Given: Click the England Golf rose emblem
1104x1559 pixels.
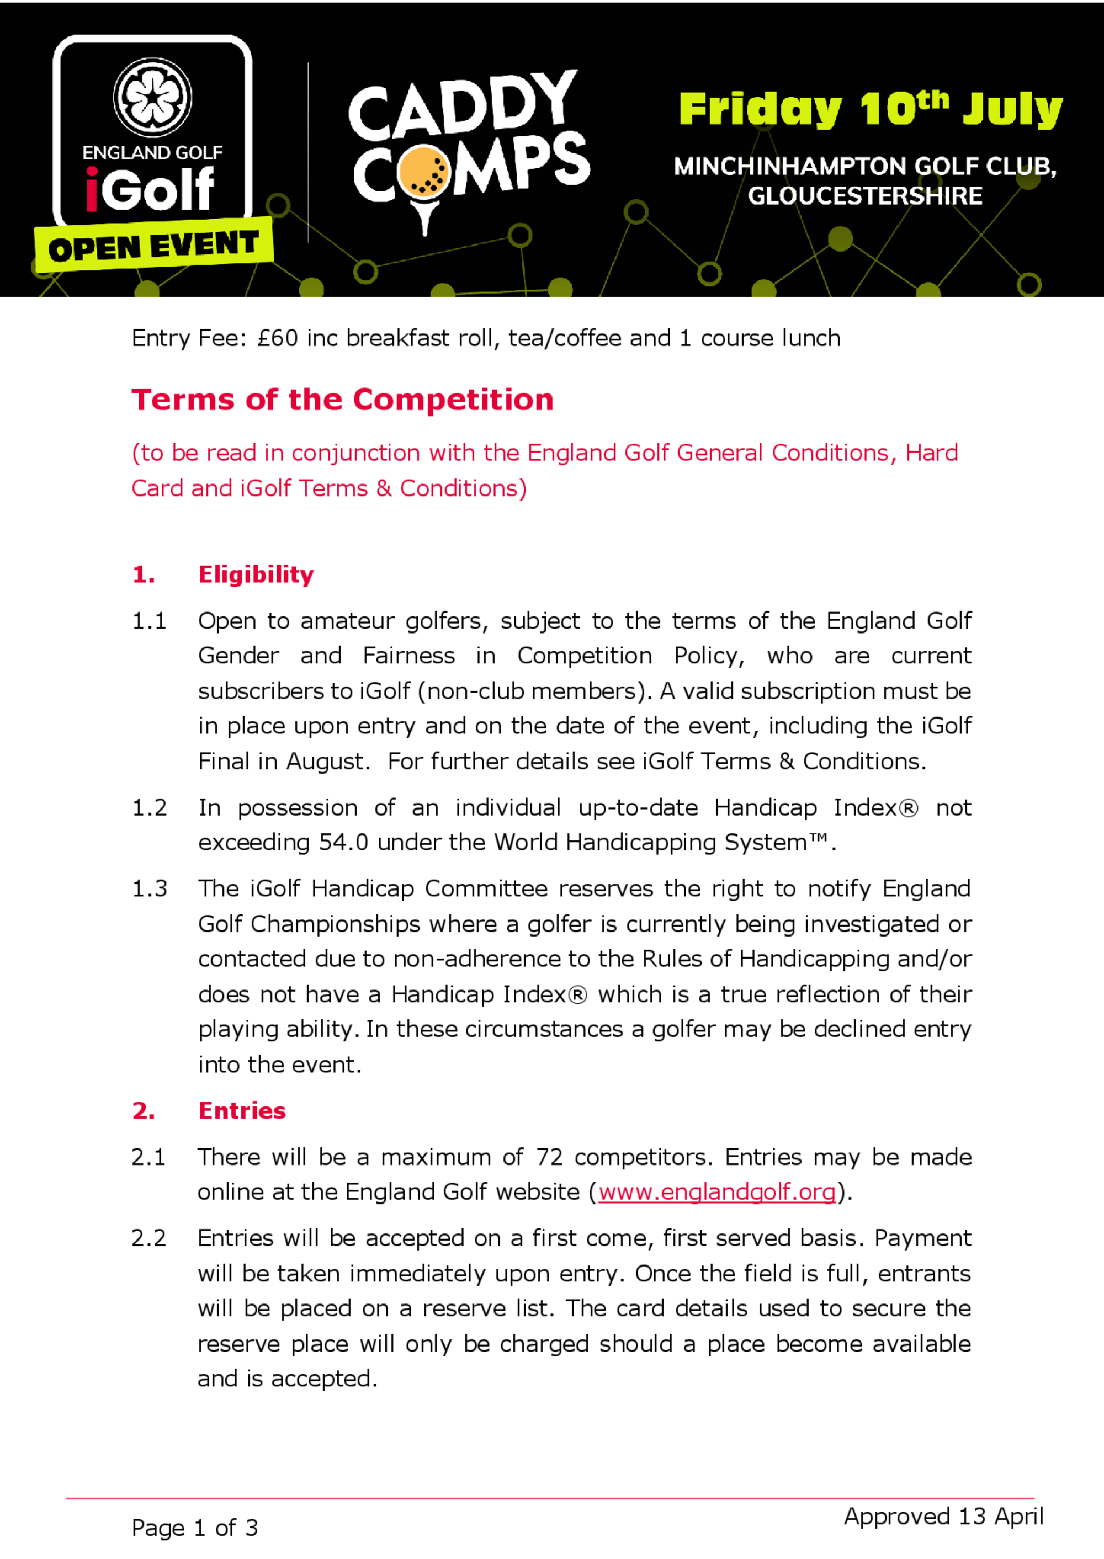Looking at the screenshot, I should [x=152, y=97].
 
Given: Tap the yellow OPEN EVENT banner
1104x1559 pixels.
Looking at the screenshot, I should [x=153, y=246].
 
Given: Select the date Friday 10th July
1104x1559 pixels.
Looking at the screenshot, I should [x=870, y=109].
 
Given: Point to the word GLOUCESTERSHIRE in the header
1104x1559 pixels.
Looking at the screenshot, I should [x=865, y=196].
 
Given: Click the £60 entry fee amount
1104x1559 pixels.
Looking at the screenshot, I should [x=277, y=338].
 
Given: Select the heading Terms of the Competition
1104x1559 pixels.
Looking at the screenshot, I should [x=342, y=400].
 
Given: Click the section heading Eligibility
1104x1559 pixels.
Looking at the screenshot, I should [x=256, y=575].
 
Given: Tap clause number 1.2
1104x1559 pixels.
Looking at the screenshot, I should [x=149, y=808].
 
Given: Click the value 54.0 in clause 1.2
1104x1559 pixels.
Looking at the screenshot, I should [x=343, y=843].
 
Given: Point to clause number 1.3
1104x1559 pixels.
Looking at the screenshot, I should [x=149, y=889].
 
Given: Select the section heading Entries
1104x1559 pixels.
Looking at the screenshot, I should [x=242, y=1111].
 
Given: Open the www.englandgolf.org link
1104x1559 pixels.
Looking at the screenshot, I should [x=716, y=1192].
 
